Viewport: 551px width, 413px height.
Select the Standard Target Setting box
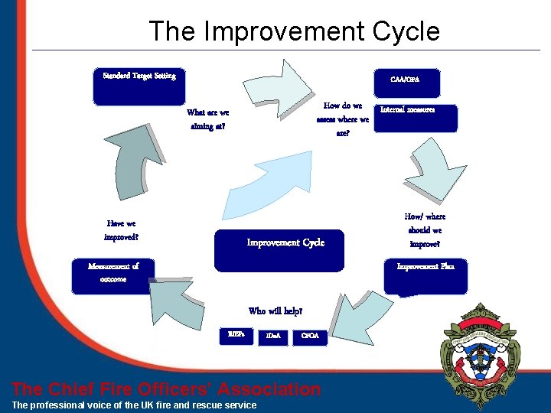pos(139,86)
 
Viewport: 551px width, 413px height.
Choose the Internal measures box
pos(417,118)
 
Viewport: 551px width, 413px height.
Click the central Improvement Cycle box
pos(285,250)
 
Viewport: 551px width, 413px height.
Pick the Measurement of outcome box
pos(113,276)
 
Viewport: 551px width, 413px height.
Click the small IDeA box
pos(273,335)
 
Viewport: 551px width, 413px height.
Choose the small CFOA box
pos(310,335)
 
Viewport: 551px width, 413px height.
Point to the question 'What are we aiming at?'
pos(207,119)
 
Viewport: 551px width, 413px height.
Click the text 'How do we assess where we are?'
pos(342,119)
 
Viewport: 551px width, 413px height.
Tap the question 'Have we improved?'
pos(122,230)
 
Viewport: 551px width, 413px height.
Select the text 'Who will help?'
pos(275,311)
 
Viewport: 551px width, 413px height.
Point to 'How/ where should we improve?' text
pos(425,230)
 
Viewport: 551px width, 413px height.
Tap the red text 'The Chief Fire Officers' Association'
pos(167,389)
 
